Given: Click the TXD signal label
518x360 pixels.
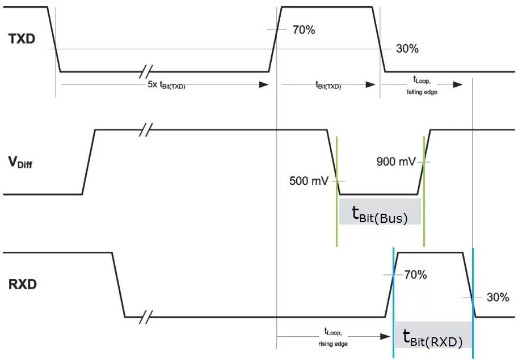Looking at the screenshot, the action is [22, 39].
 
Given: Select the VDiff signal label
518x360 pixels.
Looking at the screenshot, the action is [20, 162].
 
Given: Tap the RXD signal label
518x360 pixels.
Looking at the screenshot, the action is [23, 284].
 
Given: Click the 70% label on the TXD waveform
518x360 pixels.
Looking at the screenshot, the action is [304, 29].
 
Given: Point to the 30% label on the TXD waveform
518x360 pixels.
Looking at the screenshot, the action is [407, 49].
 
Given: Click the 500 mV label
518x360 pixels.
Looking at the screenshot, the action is [309, 181].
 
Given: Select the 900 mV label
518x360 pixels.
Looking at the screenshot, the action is [396, 162].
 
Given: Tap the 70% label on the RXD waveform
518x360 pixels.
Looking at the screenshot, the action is [415, 274].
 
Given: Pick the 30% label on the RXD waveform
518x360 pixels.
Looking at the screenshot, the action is [498, 297].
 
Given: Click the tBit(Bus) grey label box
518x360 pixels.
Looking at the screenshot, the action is [380, 211].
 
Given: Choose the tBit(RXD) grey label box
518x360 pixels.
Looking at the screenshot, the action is [433, 334].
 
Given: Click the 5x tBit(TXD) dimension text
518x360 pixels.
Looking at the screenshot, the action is [166, 85].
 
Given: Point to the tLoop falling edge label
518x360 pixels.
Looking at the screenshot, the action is [422, 86].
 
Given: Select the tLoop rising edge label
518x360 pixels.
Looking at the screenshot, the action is [333, 337].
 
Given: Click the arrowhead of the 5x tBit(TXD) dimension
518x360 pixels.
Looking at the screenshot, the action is [264, 85].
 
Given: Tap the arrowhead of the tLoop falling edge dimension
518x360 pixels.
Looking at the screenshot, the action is [457, 84].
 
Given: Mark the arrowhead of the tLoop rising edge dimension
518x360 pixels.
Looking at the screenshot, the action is [385, 337].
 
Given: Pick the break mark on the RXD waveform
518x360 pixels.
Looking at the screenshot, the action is [145, 317].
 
